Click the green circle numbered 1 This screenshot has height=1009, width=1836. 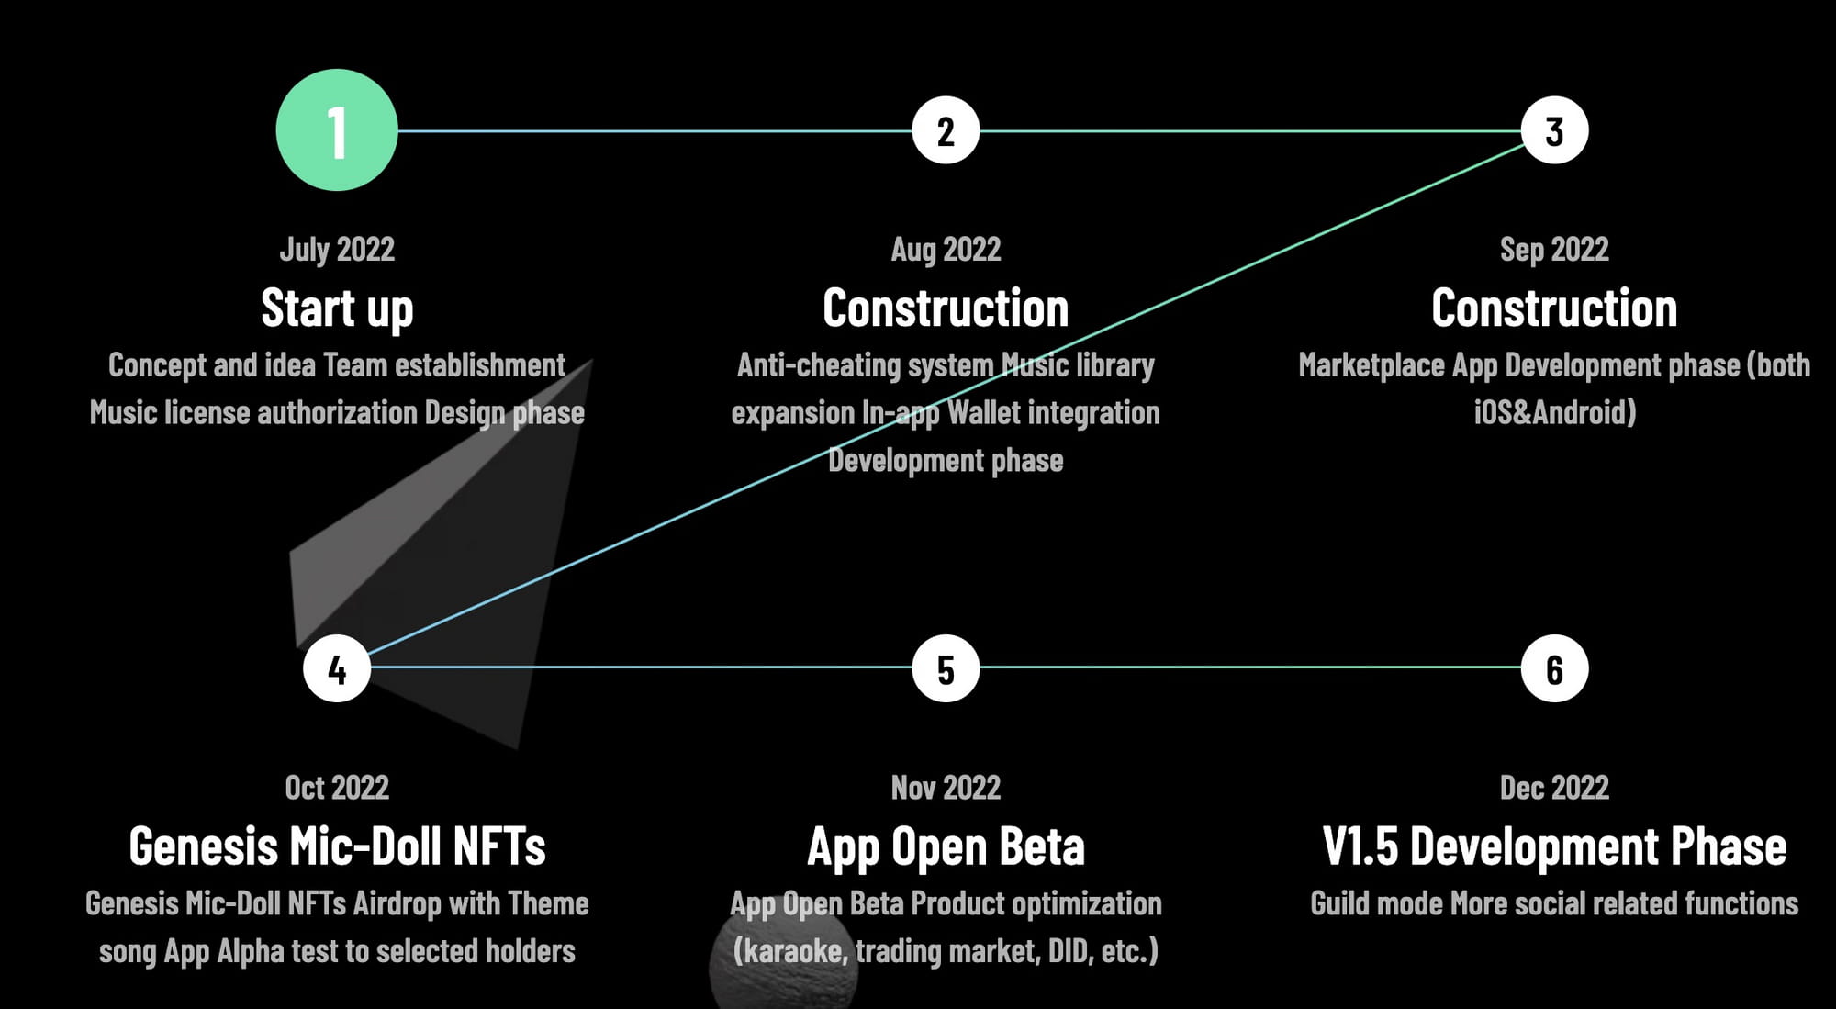click(337, 130)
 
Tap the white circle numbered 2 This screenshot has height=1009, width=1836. click(946, 130)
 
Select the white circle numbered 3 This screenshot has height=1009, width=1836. click(1554, 130)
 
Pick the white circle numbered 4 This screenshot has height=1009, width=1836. click(337, 668)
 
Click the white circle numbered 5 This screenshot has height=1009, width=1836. click(946, 668)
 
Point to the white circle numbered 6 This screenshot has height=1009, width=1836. click(1554, 668)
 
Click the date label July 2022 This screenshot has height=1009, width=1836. click(337, 250)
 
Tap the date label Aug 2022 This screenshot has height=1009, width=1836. click(946, 250)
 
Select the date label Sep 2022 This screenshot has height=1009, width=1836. click(1554, 250)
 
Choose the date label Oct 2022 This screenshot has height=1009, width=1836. click(337, 788)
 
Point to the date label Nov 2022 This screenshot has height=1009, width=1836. click(946, 788)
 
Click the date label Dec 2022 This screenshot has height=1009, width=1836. click(1554, 788)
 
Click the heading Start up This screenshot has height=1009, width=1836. click(337, 308)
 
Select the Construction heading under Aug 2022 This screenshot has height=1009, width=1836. click(946, 308)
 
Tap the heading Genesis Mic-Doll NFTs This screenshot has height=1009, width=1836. click(337, 846)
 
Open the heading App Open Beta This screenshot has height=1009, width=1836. click(946, 847)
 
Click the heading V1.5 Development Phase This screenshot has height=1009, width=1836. click(1554, 846)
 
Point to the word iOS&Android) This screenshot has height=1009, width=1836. click(1555, 412)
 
